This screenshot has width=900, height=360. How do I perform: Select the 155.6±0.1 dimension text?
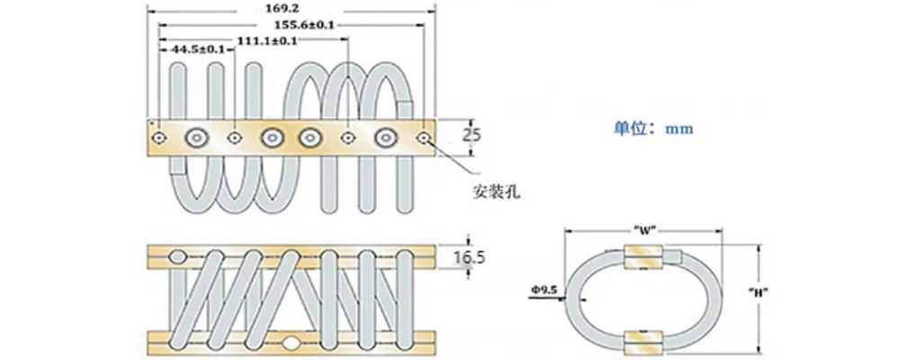click(x=310, y=25)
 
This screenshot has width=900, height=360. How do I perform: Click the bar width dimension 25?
click(x=472, y=136)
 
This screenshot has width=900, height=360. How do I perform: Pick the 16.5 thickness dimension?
click(x=469, y=258)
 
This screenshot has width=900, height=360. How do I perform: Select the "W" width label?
click(x=641, y=228)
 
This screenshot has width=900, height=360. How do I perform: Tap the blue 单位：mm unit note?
click(x=647, y=129)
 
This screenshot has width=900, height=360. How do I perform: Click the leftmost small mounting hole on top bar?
click(x=159, y=138)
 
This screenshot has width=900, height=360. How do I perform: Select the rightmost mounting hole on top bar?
click(x=424, y=138)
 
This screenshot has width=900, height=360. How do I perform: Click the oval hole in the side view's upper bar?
click(x=180, y=256)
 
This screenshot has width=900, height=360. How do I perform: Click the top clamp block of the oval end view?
click(x=643, y=256)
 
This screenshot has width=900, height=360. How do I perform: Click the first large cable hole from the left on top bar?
click(x=196, y=138)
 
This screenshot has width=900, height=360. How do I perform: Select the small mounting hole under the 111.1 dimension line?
click(x=348, y=138)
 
